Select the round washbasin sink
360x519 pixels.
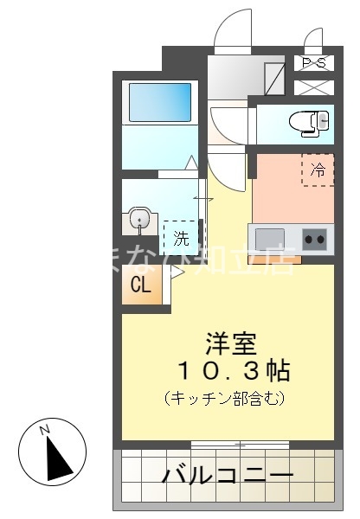click(138, 221)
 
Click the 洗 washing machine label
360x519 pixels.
click(181, 235)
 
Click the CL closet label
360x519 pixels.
click(140, 286)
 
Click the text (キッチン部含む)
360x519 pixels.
click(224, 399)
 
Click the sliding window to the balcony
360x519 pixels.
click(240, 445)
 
